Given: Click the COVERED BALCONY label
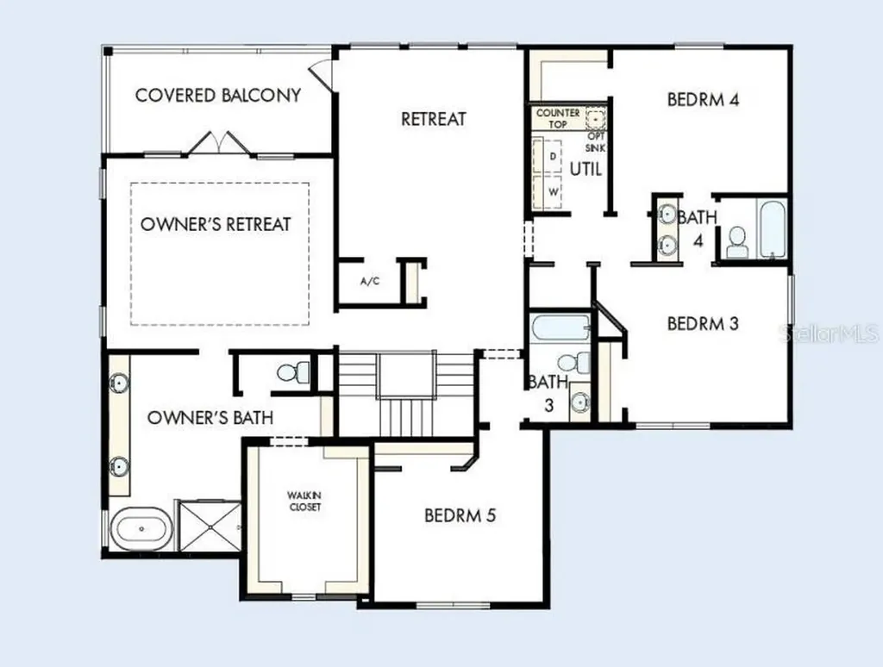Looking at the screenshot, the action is (218, 95).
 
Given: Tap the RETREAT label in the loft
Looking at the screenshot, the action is (434, 119).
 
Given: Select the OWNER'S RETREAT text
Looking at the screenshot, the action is (216, 224).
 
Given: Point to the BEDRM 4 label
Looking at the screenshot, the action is (703, 100).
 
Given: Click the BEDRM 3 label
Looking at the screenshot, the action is (703, 324).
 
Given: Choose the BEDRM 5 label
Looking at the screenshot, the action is (460, 515).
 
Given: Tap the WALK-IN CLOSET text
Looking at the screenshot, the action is (304, 501).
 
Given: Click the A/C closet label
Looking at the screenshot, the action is (370, 281).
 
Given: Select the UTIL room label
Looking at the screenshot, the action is (586, 169).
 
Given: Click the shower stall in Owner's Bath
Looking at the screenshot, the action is (210, 526).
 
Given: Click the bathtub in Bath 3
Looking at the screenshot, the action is (560, 328).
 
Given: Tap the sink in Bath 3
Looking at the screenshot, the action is (579, 402).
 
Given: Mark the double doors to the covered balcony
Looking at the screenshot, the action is (218, 142).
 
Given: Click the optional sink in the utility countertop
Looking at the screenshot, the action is (595, 119).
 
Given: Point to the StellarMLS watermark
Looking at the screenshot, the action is (829, 333).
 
